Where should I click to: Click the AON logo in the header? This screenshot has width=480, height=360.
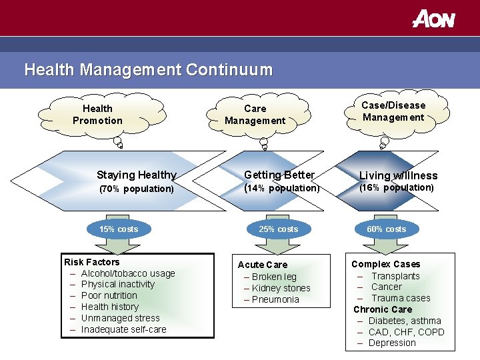coord(433,19)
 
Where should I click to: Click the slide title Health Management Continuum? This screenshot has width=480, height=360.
coord(148,69)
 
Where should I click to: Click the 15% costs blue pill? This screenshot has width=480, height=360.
coord(119,229)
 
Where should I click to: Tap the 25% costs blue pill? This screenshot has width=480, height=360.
coord(278,229)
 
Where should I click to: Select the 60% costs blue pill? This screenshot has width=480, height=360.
coord(386,229)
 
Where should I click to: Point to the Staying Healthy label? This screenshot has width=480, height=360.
coord(136,175)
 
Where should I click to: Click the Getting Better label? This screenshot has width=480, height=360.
coord(279,175)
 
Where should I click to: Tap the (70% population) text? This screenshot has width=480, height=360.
coord(136,189)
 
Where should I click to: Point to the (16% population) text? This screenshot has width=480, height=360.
coord(397,187)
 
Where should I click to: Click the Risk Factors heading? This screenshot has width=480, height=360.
coord(91,262)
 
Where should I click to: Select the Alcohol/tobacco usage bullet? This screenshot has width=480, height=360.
coord(128,273)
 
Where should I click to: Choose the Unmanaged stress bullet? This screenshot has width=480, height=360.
coord(120,318)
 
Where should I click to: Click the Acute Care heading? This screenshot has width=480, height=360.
coord(263,265)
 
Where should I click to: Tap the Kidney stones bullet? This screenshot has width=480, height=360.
coord(281,288)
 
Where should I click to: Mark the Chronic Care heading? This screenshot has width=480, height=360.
coord(383,309)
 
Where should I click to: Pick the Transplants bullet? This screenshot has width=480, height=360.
coord(395,276)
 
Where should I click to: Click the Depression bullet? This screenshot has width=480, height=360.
coord(391,343)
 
